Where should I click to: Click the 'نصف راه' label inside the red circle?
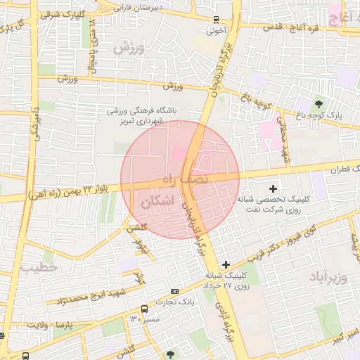(x=186, y=180)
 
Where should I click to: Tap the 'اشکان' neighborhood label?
(x=156, y=202)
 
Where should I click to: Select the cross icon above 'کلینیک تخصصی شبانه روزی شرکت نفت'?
(x=274, y=188)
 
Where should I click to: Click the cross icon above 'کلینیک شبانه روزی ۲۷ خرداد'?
(x=226, y=264)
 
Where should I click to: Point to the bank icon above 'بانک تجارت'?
(x=174, y=291)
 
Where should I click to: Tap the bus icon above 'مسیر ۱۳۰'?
(x=144, y=309)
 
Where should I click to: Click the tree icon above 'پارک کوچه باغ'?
(x=319, y=105)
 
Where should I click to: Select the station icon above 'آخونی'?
(x=215, y=20)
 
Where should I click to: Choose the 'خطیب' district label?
(x=32, y=268)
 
